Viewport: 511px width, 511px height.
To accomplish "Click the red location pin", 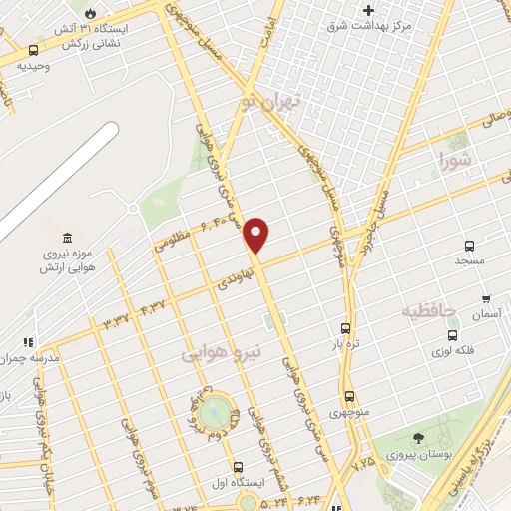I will (x=257, y=234).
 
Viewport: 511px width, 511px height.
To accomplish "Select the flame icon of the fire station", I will (x=91, y=14).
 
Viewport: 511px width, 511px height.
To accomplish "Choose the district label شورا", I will (x=458, y=158).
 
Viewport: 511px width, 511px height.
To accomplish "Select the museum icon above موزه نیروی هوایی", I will (x=67, y=238).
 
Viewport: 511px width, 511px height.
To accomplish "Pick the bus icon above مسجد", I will (x=469, y=246).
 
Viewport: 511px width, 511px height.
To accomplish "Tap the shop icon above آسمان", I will (x=486, y=298).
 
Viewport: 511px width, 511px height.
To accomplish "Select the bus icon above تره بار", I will (x=346, y=327).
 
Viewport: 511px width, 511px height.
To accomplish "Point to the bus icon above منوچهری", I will (x=349, y=396).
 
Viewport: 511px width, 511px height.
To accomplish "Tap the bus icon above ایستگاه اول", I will (x=238, y=466).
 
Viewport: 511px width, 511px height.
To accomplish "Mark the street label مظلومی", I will (x=166, y=243).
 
